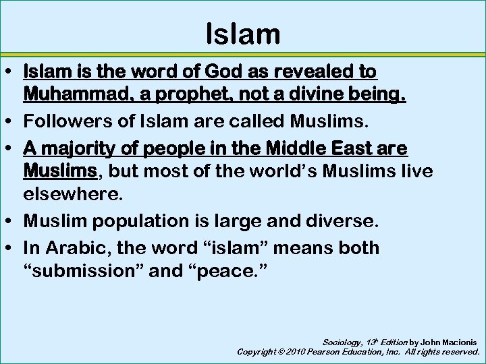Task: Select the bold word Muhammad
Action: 68,94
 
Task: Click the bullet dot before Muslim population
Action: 13,221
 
